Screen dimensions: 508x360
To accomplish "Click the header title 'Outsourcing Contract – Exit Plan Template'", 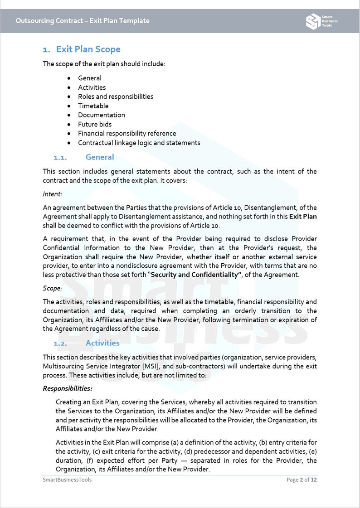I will click(82, 21).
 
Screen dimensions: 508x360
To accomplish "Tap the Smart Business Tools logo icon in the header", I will click(312, 21).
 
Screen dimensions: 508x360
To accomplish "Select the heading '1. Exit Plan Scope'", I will click(82, 49).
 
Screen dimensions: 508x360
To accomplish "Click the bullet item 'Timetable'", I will click(93, 106).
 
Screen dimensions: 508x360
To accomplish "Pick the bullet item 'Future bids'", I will click(94, 124).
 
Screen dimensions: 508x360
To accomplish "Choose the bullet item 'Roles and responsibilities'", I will click(115, 97).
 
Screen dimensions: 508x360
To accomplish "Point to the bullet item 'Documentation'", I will click(101, 115).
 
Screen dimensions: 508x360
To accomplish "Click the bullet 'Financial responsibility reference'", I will click(127, 133).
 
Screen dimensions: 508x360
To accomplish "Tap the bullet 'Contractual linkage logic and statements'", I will click(139, 143).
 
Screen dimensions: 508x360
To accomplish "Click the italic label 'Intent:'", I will click(53, 194).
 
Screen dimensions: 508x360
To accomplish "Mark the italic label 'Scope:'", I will click(53, 288).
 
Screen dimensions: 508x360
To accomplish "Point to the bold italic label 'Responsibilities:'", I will click(68, 388).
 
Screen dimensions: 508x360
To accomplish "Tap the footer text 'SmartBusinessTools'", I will click(67, 479).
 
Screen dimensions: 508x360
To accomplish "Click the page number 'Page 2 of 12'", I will click(302, 479).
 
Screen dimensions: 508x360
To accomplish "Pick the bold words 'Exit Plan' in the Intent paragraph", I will click(303, 217).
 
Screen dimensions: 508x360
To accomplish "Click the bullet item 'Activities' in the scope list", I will click(92, 87).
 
